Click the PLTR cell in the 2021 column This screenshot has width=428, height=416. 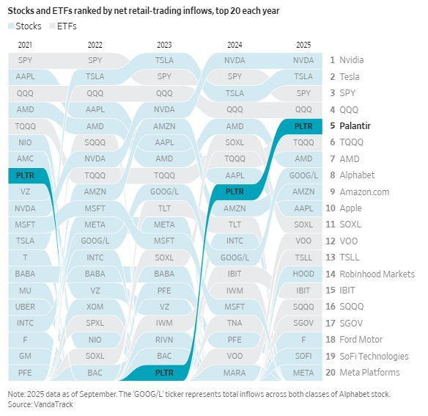[25, 175]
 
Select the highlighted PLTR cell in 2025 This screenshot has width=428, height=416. [303, 125]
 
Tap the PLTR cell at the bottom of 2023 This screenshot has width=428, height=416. [165, 372]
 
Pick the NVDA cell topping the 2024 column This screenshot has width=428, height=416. [235, 60]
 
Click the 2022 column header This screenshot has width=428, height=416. [95, 45]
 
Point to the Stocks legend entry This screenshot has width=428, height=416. [26, 26]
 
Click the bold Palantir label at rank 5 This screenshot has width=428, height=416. [355, 125]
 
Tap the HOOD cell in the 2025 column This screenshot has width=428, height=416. [303, 274]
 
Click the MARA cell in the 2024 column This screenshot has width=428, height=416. [235, 372]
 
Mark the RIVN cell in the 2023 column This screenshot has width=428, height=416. [165, 339]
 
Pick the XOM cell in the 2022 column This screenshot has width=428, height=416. [95, 307]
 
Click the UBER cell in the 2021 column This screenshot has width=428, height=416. [25, 307]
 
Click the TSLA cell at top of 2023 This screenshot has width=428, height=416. [165, 60]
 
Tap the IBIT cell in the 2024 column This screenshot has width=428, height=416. [235, 274]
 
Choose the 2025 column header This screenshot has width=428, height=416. [303, 45]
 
